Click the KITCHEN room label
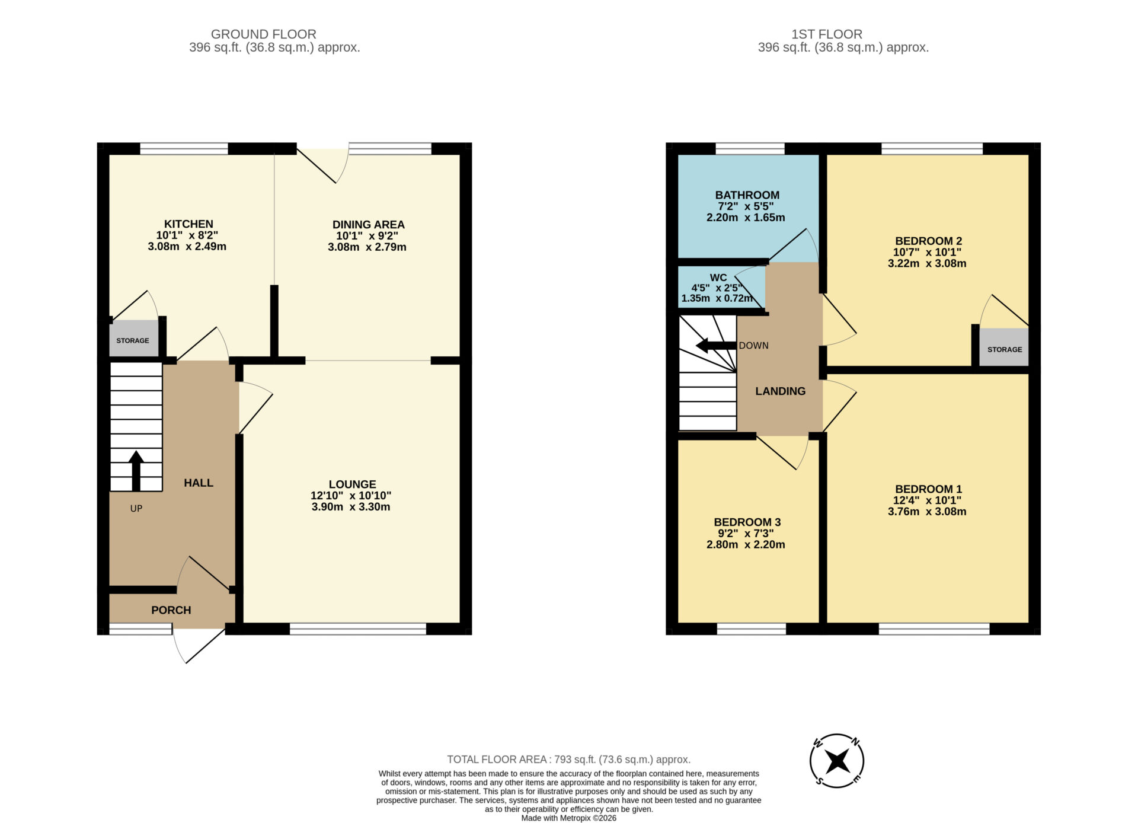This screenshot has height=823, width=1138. [x=188, y=224]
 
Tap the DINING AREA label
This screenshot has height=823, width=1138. [x=368, y=225]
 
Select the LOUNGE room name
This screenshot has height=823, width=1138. [x=352, y=484]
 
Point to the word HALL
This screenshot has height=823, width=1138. [x=199, y=483]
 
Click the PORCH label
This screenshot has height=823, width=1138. [x=171, y=610]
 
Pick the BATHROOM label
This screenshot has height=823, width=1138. [x=747, y=195]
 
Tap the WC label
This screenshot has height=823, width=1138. [x=718, y=277]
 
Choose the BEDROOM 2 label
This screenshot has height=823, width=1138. [x=928, y=241]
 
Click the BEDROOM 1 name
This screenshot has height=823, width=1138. [x=928, y=489]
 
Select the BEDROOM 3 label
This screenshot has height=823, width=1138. [x=747, y=522]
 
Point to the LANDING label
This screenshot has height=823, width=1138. [x=780, y=391]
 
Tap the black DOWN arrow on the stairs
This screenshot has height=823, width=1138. [x=716, y=346]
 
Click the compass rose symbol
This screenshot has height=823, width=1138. [x=837, y=761]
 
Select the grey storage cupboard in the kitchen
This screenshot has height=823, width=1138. [x=134, y=339]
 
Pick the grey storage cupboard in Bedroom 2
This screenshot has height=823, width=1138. [x=1004, y=347]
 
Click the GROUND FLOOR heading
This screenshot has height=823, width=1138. [x=264, y=34]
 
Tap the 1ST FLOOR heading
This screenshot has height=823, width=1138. [x=827, y=34]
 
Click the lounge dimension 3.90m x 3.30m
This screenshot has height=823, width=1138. [x=351, y=507]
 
